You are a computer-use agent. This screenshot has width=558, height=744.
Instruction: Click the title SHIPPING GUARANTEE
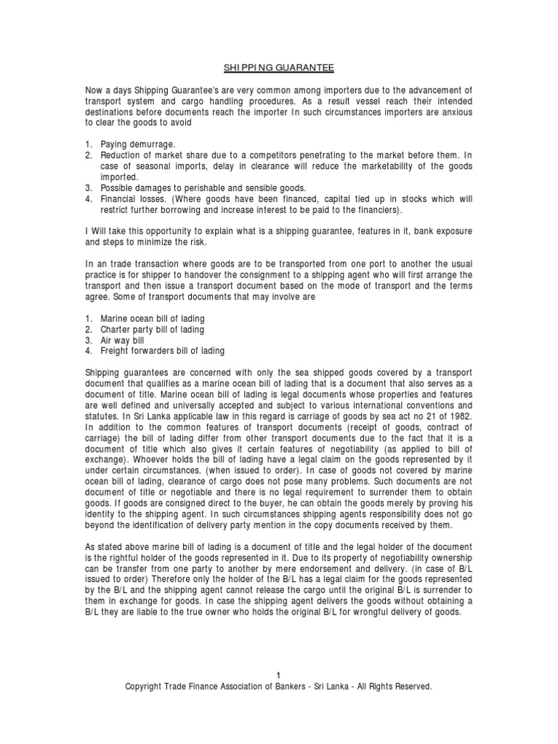[278, 68]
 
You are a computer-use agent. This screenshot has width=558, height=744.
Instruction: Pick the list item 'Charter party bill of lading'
[153, 329]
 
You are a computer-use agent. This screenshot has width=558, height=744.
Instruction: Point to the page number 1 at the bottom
[278, 675]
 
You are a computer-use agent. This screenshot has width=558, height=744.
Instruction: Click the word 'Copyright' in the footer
[145, 686]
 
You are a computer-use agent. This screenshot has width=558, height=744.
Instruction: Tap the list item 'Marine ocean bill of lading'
[152, 318]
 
